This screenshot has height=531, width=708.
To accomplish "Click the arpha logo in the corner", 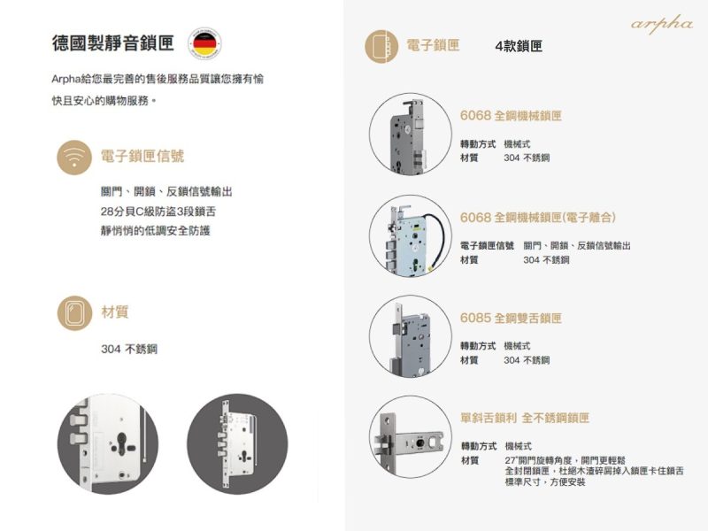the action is pyautogui.click(x=661, y=24).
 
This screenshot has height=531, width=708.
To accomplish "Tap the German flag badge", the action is pyautogui.click(x=204, y=43).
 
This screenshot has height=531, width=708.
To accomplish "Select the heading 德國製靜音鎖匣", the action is pyautogui.click(x=113, y=42).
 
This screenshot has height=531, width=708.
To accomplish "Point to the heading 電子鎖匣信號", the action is pyautogui.click(x=142, y=157).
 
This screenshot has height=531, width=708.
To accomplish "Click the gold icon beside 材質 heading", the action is pyautogui.click(x=74, y=313).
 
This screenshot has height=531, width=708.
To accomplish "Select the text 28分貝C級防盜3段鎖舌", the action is pyautogui.click(x=158, y=212).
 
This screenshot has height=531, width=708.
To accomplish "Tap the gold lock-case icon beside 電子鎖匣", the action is pyautogui.click(x=381, y=47).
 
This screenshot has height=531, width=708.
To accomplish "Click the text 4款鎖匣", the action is pyautogui.click(x=519, y=46).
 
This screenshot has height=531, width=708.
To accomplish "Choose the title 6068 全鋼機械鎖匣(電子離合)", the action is pyautogui.click(x=538, y=218).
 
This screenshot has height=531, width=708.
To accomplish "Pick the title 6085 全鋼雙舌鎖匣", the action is pyautogui.click(x=511, y=319).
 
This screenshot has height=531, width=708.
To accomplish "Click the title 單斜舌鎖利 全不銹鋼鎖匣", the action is pyautogui.click(x=525, y=418).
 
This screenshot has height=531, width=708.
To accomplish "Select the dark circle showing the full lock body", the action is pyautogui.click(x=237, y=443).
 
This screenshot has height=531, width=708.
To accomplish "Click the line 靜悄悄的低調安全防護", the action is pyautogui.click(x=156, y=231).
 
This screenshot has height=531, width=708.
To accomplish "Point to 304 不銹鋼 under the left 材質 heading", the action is pyautogui.click(x=129, y=349).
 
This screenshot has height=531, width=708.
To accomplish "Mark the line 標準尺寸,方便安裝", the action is pyautogui.click(x=545, y=482).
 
